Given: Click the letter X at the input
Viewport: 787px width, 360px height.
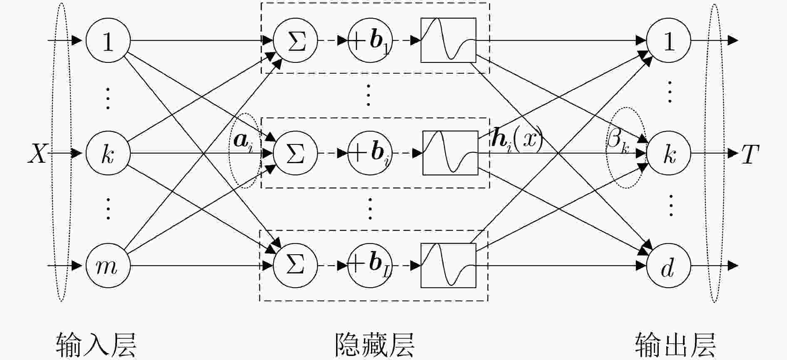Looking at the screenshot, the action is pos(37,154).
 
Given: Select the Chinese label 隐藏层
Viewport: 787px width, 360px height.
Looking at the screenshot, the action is pos(374,345).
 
